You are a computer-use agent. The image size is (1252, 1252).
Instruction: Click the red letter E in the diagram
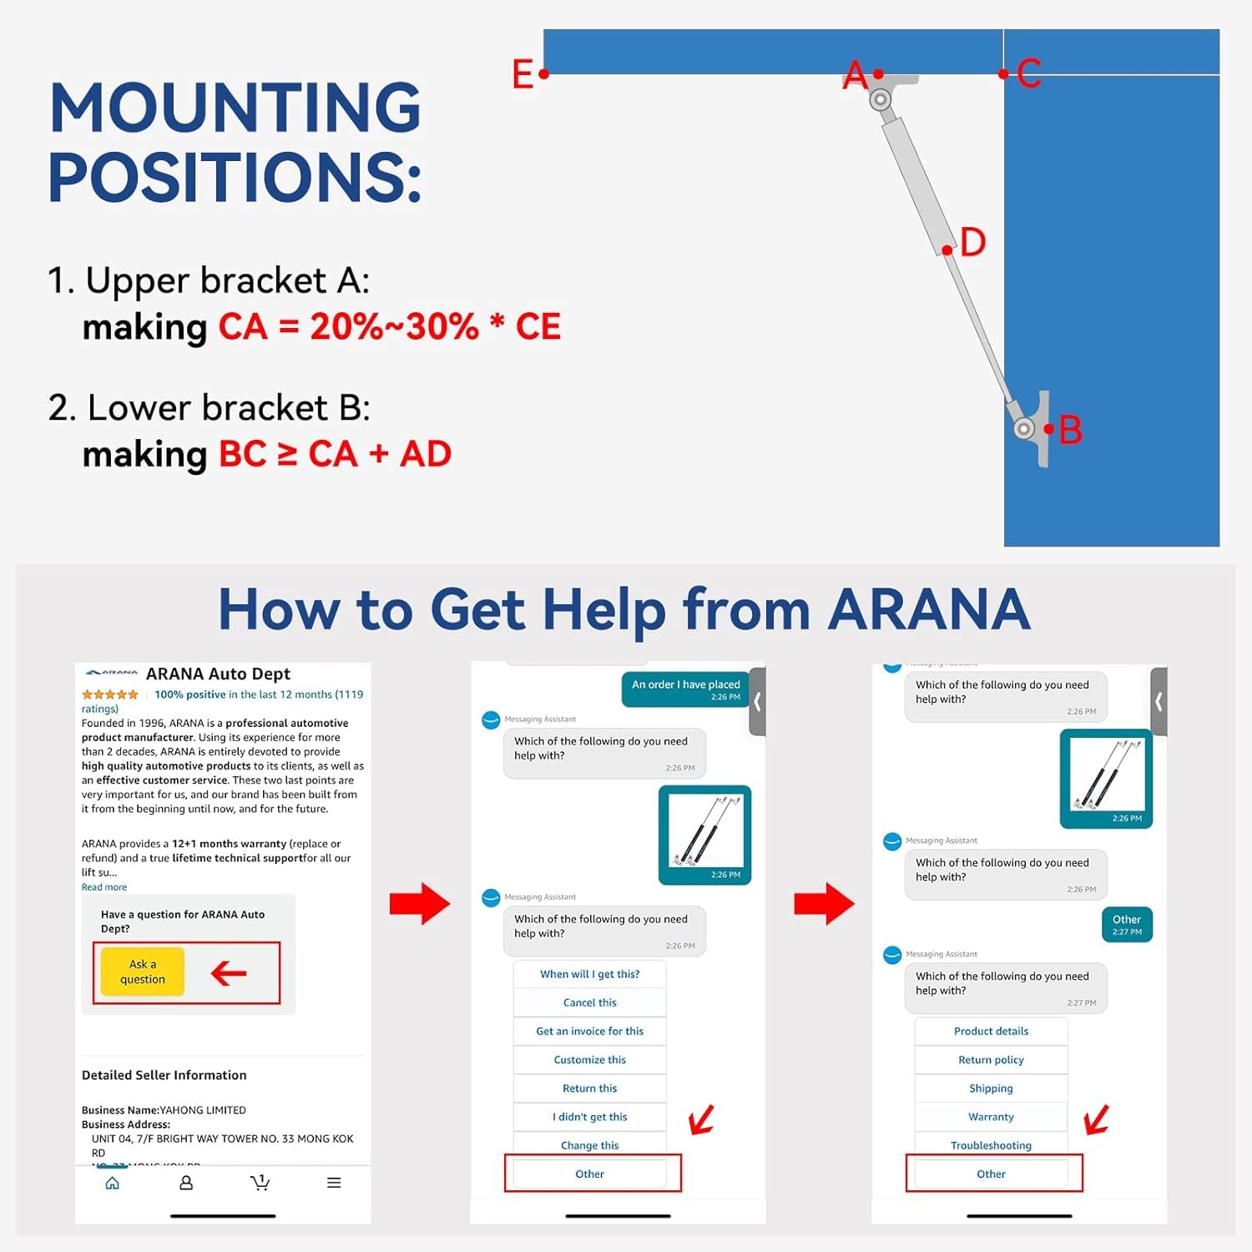[x=523, y=74]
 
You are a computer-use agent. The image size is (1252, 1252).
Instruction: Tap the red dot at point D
[x=947, y=250]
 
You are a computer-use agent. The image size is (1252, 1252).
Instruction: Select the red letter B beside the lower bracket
[x=1070, y=431]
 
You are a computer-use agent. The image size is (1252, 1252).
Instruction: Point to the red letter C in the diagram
[x=1029, y=73]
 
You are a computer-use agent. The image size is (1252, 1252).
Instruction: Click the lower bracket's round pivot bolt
[x=1024, y=428]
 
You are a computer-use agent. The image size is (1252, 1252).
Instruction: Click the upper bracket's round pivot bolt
[x=880, y=100]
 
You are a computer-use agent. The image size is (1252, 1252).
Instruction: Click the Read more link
[x=104, y=887]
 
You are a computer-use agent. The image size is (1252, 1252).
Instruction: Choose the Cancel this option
[x=589, y=1002]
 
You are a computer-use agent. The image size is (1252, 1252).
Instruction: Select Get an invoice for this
[x=589, y=1031]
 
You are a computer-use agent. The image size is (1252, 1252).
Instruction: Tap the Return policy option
[x=991, y=1060]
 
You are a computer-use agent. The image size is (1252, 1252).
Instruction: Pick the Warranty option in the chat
[x=991, y=1117]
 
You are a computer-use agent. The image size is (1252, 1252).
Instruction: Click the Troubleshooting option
[x=991, y=1145]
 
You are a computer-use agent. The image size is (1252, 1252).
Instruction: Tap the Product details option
[x=991, y=1032]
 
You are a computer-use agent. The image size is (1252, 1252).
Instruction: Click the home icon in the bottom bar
[x=113, y=1183]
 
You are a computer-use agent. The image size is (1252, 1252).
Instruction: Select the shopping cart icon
[x=260, y=1183]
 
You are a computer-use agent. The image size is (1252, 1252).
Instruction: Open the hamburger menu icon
[x=334, y=1183]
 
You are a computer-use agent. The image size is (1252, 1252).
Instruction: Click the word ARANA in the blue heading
[x=929, y=609]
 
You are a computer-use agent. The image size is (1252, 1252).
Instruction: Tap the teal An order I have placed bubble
[x=685, y=689]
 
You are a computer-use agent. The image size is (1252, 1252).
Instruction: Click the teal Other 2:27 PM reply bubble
[x=1127, y=924]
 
